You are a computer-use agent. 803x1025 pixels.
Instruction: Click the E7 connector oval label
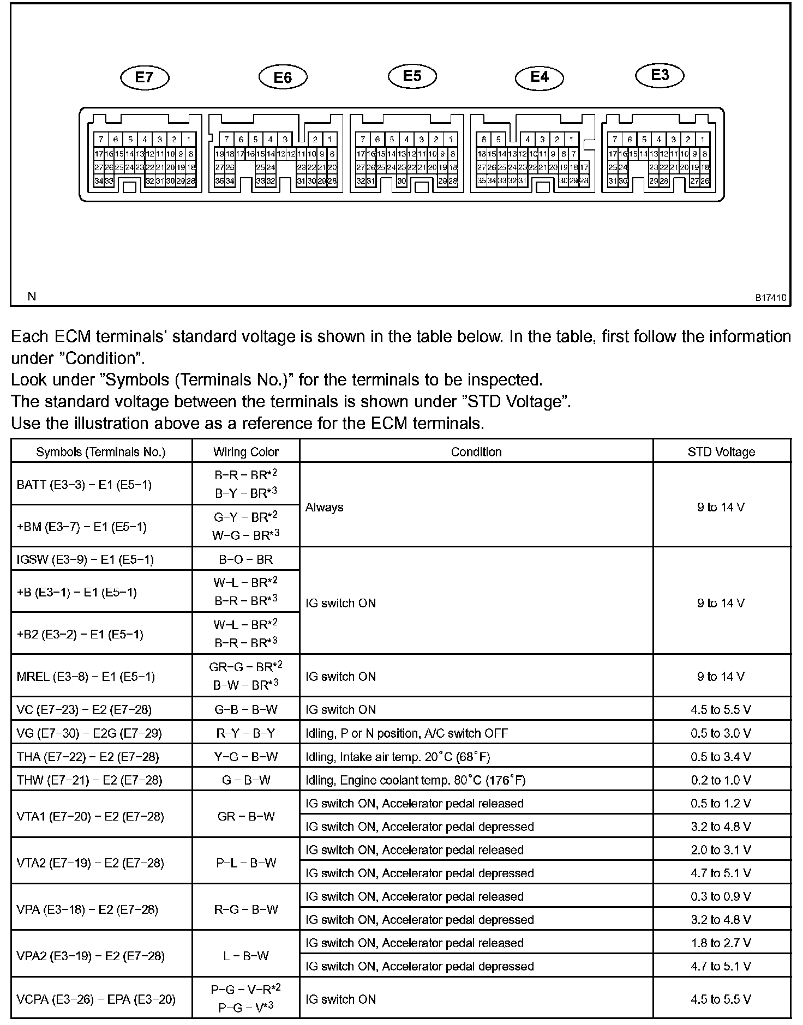(145, 77)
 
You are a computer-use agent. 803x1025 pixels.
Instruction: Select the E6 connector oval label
(283, 77)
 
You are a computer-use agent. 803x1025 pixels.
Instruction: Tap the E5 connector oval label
(412, 76)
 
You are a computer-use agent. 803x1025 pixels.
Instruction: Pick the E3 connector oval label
(660, 75)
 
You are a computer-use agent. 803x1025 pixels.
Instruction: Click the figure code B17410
(770, 298)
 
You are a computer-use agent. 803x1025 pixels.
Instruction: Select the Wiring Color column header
(245, 452)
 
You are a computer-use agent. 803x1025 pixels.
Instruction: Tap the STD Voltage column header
(721, 452)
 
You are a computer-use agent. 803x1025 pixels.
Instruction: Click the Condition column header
(476, 452)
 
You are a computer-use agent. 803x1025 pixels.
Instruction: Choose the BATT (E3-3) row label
(84, 485)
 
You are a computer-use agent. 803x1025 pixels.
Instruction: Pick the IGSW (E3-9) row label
(85, 559)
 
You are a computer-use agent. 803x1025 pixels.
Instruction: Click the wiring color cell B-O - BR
(245, 559)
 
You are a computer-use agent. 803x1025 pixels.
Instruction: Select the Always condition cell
(325, 507)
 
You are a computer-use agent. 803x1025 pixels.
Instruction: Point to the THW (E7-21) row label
(89, 780)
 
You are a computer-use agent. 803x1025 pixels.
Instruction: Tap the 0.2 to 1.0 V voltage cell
(721, 780)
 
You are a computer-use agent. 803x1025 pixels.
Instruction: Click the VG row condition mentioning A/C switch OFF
(406, 733)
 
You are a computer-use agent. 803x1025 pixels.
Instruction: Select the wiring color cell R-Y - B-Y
(245, 733)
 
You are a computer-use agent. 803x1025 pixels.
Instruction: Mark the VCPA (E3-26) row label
(96, 999)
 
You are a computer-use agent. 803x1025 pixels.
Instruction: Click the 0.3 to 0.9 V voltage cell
(721, 896)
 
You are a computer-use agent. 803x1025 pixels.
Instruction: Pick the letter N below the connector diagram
(32, 297)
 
